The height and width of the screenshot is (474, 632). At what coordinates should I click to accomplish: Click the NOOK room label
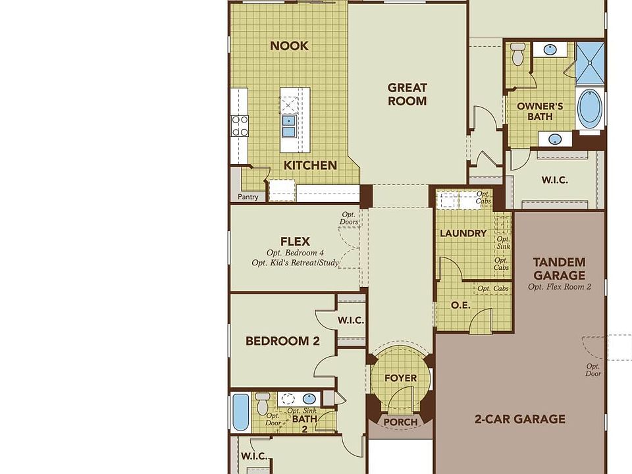pos(289,45)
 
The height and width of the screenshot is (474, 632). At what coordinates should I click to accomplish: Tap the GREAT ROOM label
pos(407,94)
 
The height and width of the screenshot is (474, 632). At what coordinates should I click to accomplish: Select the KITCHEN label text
pos(310,165)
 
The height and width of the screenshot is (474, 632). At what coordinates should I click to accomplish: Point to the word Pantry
pos(248,196)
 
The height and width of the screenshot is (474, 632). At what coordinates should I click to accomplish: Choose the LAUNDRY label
pos(463,233)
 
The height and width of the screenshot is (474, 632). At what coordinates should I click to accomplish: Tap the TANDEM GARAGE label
pos(559,269)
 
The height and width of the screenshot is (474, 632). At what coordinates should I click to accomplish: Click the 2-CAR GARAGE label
pos(520,419)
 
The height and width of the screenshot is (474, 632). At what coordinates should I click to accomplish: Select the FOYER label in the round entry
pos(400,378)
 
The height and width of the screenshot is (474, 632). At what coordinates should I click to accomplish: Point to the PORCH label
pos(400,422)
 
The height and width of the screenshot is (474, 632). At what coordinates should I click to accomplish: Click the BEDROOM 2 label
pos(282,341)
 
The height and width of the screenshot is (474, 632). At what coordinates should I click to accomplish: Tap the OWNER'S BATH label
pos(539,111)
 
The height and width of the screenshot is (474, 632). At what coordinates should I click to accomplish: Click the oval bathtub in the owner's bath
pos(589,109)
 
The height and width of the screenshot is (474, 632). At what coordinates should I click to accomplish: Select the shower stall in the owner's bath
pos(590,63)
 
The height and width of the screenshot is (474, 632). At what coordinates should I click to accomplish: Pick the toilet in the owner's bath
pos(518,54)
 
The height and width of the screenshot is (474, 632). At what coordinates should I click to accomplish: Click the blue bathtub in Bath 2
pos(240,411)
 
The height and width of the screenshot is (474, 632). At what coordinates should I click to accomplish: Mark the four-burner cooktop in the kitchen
pos(240,125)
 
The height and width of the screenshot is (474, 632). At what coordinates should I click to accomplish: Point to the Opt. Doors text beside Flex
pos(350,219)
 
